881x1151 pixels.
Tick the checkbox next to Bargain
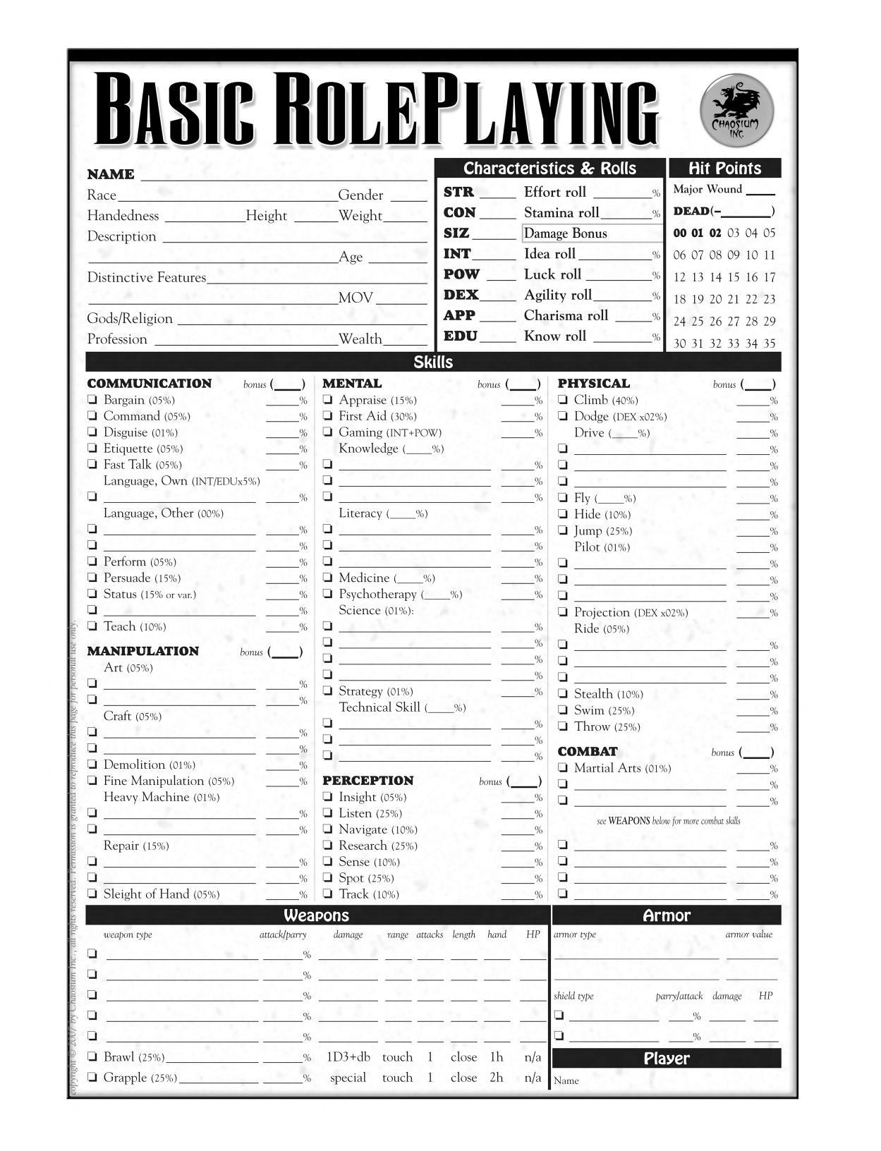pos(92,400)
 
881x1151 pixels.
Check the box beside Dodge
pos(563,416)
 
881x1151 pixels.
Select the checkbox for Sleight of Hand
pos(92,894)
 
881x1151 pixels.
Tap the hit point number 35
pos(769,343)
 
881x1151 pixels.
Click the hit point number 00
pos(679,233)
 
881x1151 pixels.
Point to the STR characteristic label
pos(458,192)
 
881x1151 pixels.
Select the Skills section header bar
pos(433,363)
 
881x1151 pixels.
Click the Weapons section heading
pos(317,915)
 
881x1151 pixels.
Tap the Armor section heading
pos(666,915)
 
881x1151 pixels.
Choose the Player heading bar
pos(666,1059)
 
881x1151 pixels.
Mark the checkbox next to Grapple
pos(92,1077)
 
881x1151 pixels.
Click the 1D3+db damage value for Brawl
pos(348,1057)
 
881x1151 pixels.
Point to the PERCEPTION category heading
pos(367,781)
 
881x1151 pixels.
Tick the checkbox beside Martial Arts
pos(563,768)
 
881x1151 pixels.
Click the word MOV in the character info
pos(356,298)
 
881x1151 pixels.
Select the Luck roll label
pos(552,274)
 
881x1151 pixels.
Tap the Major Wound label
pos(707,189)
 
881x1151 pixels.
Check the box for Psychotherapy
pos(328,595)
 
